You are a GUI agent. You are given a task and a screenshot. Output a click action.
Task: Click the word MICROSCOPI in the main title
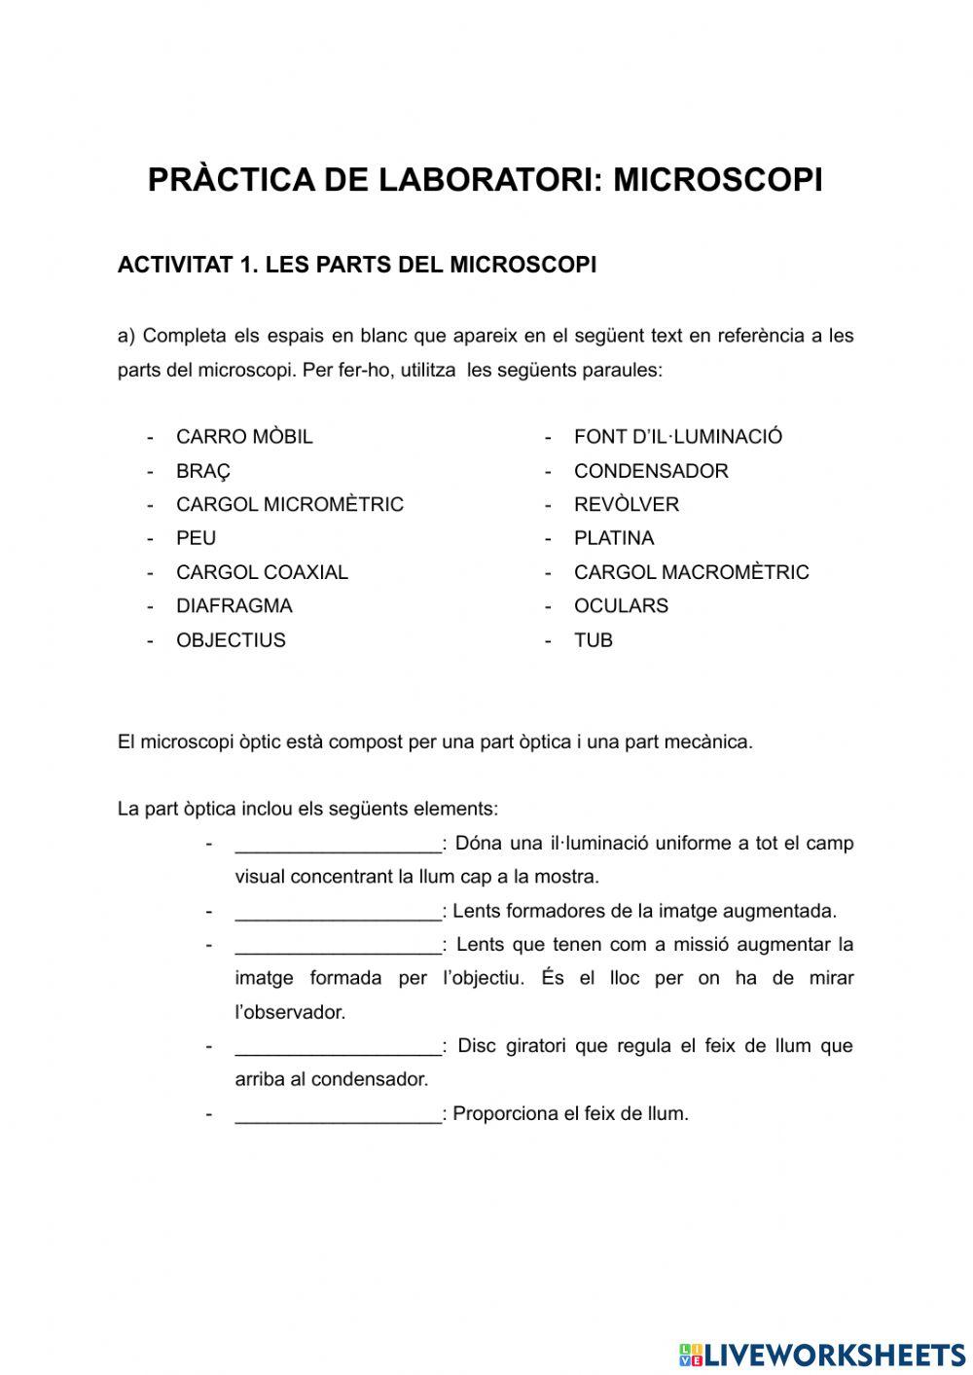tap(718, 180)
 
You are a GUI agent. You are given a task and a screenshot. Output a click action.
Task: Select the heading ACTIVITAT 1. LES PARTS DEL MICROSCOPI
tap(356, 265)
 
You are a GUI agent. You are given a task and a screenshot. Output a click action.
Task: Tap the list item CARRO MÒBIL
tap(244, 437)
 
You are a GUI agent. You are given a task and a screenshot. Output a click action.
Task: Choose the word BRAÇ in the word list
tap(203, 471)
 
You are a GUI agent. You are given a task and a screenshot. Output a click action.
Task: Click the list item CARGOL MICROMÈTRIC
tap(289, 504)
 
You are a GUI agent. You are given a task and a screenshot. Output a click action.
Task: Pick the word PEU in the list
tap(196, 538)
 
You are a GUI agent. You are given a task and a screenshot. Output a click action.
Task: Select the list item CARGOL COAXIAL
tap(262, 572)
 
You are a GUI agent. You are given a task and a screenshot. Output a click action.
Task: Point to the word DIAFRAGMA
tap(234, 605)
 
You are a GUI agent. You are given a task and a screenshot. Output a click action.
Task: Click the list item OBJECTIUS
tap(231, 640)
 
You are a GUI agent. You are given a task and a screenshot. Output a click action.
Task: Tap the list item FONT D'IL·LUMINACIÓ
tap(677, 437)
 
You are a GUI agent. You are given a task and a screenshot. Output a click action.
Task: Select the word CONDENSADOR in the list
tap(651, 471)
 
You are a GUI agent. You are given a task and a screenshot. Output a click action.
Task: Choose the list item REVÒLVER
tap(627, 504)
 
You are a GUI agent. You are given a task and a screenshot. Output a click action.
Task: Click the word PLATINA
tap(614, 538)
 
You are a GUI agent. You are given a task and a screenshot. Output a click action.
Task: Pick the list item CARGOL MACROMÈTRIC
tap(691, 572)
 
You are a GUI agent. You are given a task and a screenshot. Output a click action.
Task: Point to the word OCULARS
tap(621, 605)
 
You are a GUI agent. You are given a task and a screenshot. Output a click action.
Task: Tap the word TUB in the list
tap(594, 640)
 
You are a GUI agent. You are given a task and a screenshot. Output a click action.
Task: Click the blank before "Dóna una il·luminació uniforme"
tap(338, 843)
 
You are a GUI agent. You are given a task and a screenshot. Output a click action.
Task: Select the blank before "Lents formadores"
tap(338, 911)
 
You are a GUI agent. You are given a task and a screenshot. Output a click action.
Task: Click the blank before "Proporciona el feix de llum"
tap(338, 1113)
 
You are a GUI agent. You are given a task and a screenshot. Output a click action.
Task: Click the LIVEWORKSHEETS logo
tap(822, 1354)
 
